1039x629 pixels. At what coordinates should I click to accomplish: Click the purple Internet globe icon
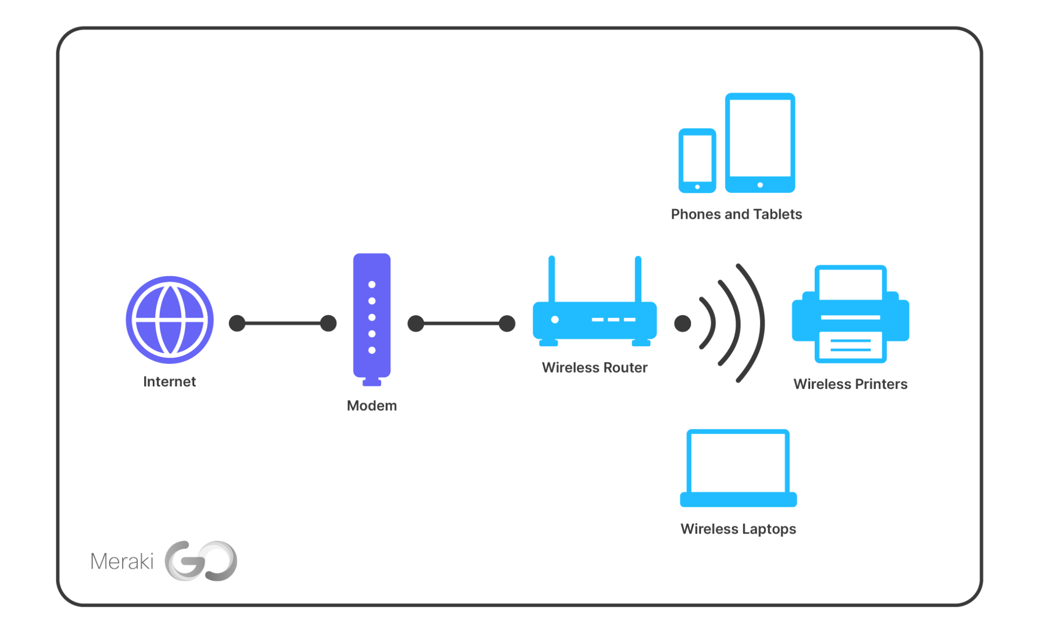pos(169,320)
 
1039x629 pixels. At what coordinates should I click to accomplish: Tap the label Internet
pos(169,381)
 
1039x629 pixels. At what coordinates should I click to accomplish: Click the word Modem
pos(372,406)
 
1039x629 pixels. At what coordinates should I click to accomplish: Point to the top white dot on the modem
pos(372,284)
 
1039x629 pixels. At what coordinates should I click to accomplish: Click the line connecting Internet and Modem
pos(283,323)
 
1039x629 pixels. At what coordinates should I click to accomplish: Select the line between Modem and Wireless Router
pos(461,323)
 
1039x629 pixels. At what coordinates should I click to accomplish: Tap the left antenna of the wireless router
pos(551,279)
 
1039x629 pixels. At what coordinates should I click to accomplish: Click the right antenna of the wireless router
pos(638,279)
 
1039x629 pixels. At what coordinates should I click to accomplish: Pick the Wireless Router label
pos(595,368)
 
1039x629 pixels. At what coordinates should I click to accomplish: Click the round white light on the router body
pos(555,320)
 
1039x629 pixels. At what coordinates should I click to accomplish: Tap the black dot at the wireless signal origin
pos(682,323)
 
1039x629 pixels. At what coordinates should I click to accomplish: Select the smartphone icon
pos(698,160)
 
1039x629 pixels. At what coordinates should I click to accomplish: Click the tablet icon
pos(760,142)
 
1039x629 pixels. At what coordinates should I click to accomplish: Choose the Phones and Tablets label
pos(736,214)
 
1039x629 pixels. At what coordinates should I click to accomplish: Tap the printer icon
pos(851,315)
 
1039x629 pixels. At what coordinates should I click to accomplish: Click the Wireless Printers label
pos(850,384)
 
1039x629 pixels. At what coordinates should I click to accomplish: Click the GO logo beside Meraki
pos(201,561)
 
